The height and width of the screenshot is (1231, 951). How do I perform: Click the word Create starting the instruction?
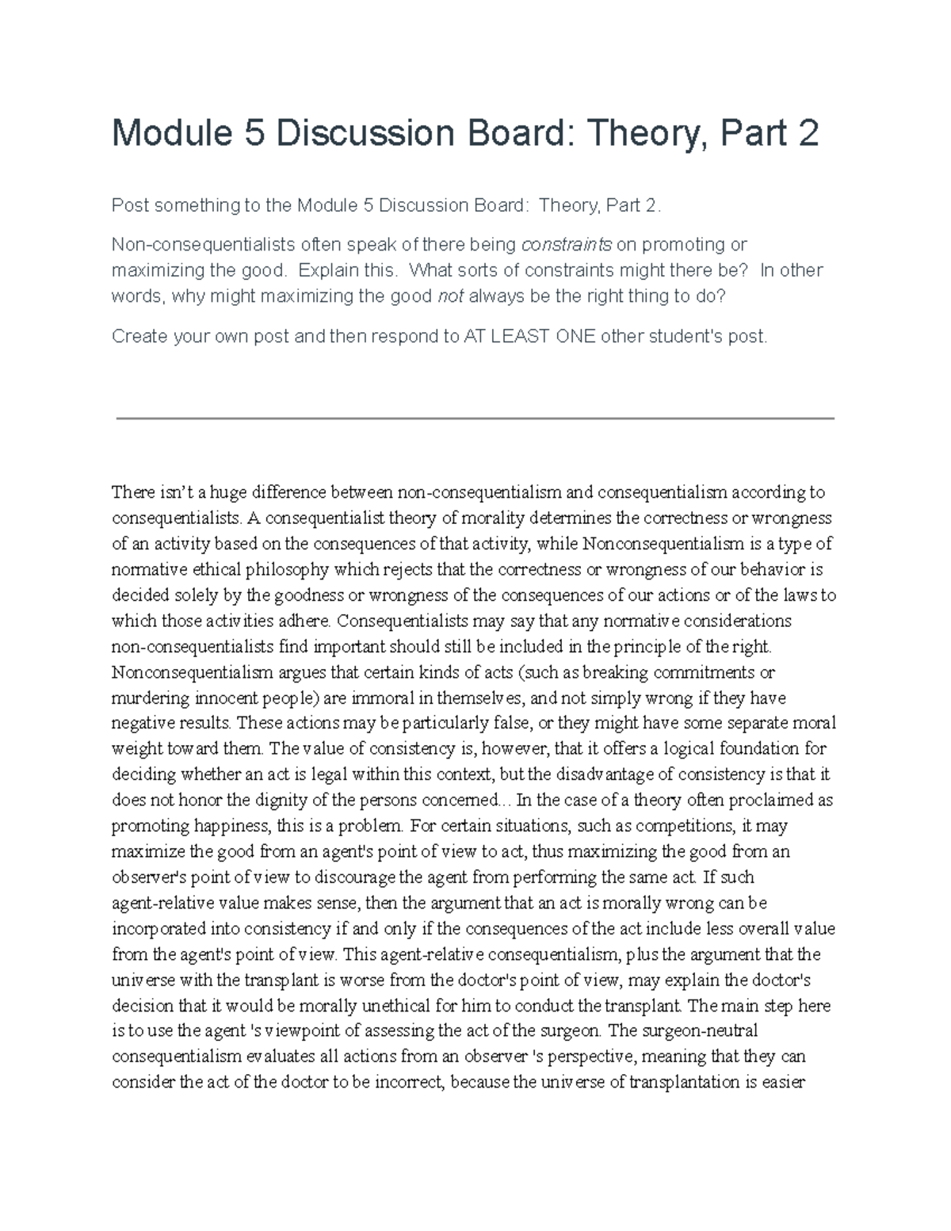[x=139, y=336]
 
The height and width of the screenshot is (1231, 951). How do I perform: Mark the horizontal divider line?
[x=475, y=419]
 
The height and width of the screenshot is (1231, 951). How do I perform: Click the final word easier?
[x=784, y=1082]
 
